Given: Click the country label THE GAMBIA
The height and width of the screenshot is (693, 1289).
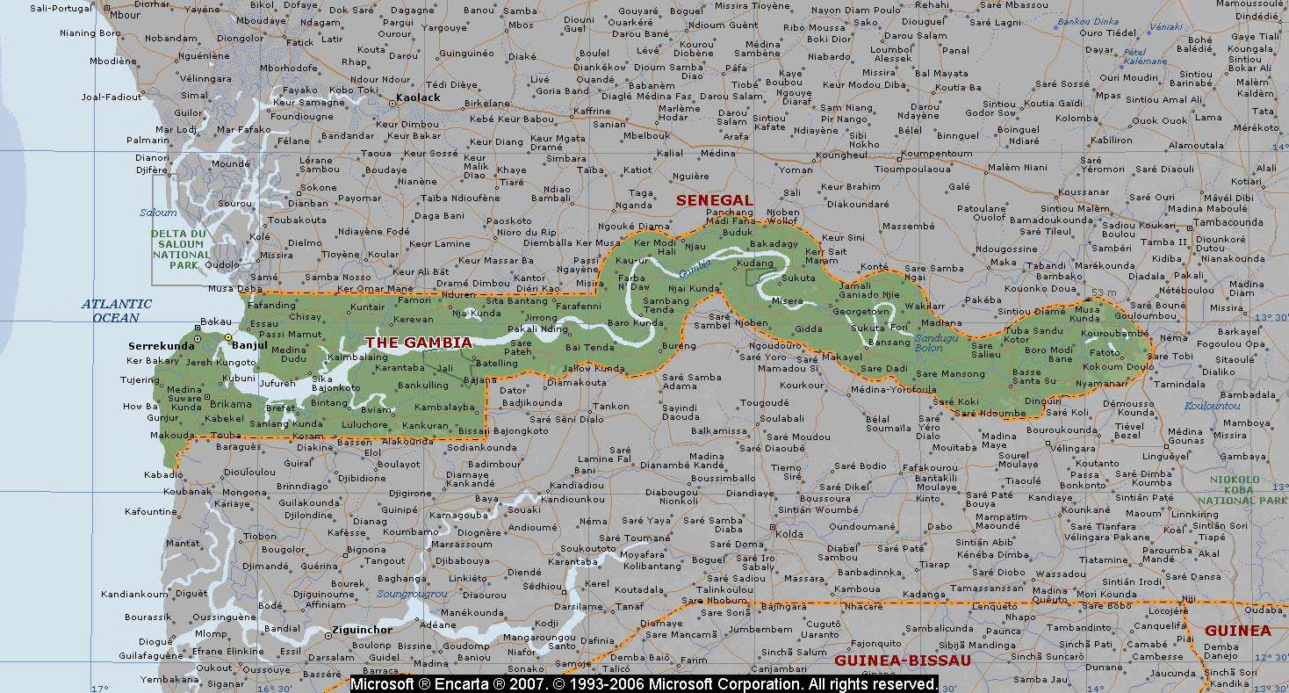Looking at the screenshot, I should pos(418,343).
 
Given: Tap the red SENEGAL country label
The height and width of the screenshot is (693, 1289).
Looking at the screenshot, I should pos(714,200).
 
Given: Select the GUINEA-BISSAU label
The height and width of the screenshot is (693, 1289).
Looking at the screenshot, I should pos(903,661).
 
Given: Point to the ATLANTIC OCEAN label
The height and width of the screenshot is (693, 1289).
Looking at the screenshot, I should pos(117,311).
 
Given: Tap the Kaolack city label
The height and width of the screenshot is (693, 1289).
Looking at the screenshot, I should pos(418,97).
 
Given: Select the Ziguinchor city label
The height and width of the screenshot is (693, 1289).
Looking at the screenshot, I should pos(362,630).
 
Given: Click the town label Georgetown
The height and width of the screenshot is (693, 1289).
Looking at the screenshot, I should pos(861,312).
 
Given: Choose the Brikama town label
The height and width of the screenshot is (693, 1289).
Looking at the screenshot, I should pos(229,403).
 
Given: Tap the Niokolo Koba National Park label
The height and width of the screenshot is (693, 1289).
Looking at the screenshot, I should pos(1247,490).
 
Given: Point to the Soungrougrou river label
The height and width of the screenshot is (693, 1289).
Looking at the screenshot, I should pos(413,595).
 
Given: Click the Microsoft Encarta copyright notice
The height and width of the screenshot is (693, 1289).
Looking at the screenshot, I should pos(644,683).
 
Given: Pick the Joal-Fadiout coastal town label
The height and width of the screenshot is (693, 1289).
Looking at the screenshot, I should pos(112,97).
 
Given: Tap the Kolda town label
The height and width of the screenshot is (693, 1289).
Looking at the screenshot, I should pos(789,533).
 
